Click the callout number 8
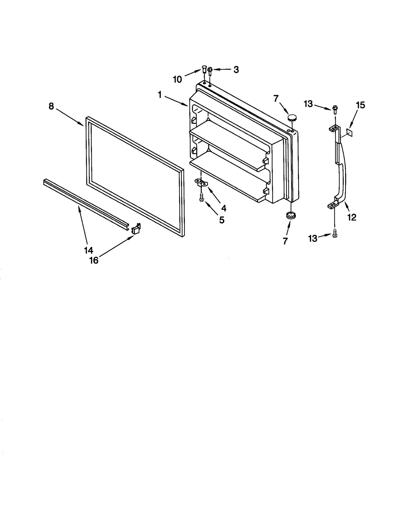(x=51, y=106)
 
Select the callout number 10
(x=177, y=79)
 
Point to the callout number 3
(x=236, y=70)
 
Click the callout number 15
(x=360, y=105)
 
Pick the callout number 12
(x=352, y=217)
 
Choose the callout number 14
(x=89, y=250)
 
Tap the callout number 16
(x=94, y=260)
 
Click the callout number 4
(x=223, y=208)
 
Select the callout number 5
(x=221, y=220)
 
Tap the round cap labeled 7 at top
(x=292, y=117)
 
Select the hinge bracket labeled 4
(x=201, y=182)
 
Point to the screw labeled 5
(x=201, y=197)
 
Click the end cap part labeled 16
(x=136, y=228)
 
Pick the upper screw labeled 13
(x=335, y=109)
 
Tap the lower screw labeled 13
(x=335, y=234)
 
